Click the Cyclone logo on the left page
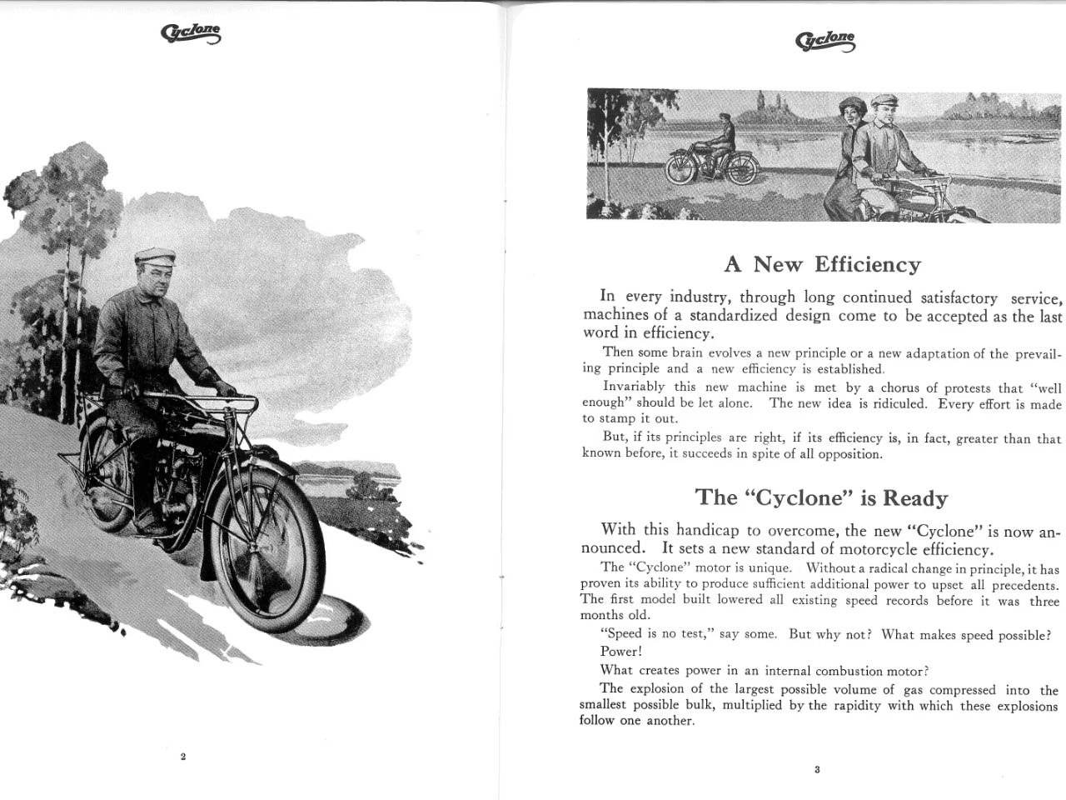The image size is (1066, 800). [x=192, y=33]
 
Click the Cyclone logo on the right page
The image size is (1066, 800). [x=825, y=40]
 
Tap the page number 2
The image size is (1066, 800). [x=183, y=757]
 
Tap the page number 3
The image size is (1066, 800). [x=817, y=769]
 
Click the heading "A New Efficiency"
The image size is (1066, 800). [x=823, y=265]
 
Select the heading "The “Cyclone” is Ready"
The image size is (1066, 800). [x=821, y=498]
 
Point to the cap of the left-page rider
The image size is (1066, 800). [x=155, y=255]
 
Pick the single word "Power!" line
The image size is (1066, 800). [x=621, y=652]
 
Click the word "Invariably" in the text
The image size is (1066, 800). [x=634, y=387]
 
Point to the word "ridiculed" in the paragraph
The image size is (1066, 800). [x=899, y=403]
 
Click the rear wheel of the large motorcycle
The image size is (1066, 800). [x=107, y=475]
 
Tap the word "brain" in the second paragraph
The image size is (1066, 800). [x=687, y=352]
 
